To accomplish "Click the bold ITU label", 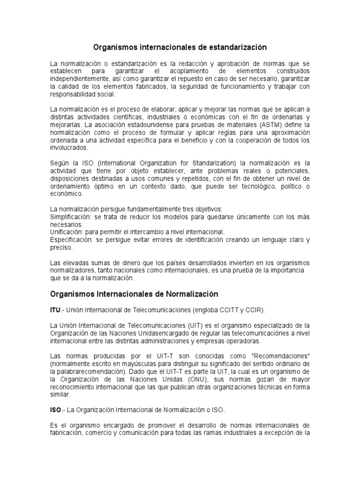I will (55, 310).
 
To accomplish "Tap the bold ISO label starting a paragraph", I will (55, 409).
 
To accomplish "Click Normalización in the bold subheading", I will (192, 294).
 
